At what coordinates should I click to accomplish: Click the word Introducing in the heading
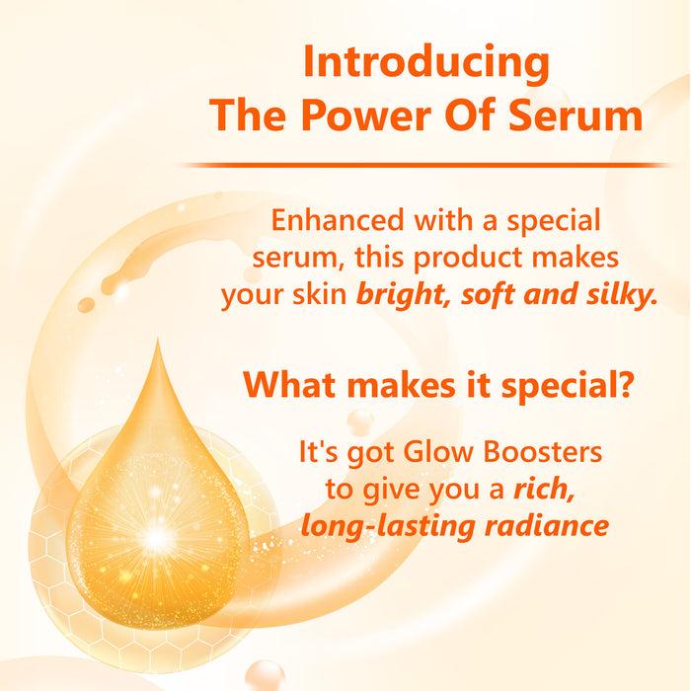tap(426, 64)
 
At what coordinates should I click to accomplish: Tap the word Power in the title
tap(359, 116)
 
